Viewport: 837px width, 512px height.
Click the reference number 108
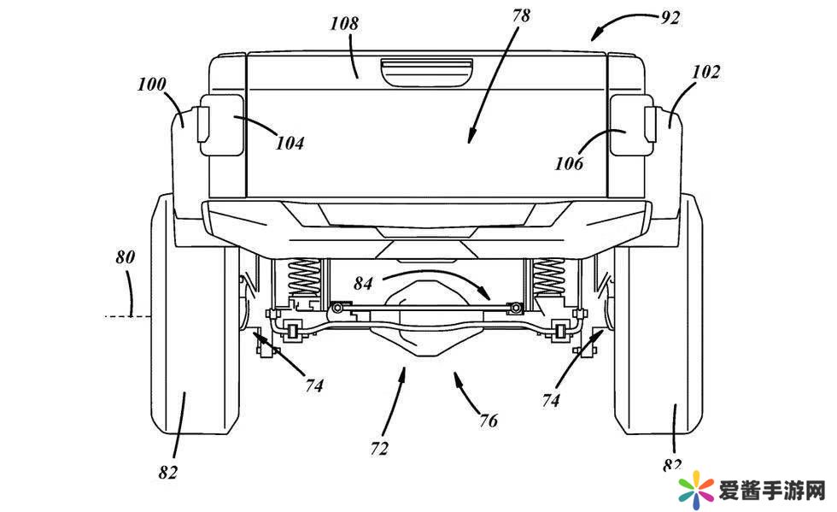345,23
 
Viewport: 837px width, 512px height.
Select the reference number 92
670,17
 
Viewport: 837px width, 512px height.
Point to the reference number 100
152,85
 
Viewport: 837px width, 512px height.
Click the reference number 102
705,73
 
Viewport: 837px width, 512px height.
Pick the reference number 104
290,143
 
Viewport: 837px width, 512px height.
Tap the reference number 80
126,256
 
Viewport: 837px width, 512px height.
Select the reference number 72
378,447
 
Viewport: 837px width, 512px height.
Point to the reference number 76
488,420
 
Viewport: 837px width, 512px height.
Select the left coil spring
302,278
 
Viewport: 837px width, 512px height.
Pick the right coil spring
549,278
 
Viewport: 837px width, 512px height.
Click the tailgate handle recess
427,72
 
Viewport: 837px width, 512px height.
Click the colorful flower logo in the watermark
695,490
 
